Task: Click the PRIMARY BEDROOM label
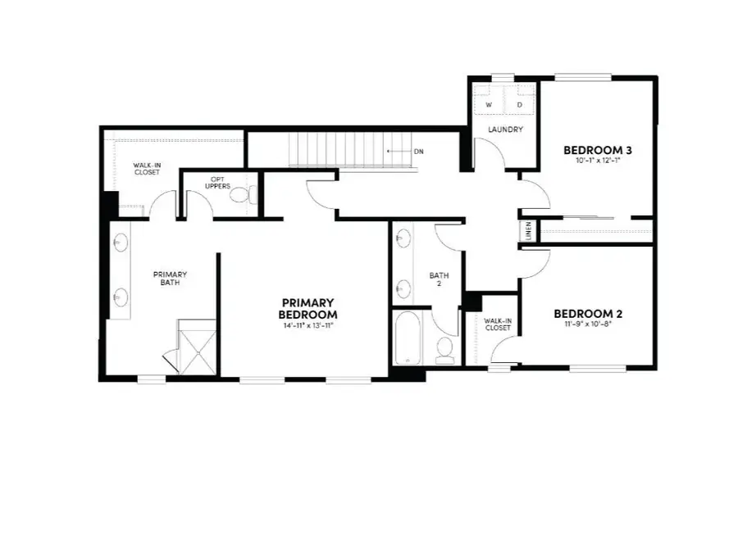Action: (307, 308)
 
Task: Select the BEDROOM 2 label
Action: (588, 313)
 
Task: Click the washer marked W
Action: (489, 106)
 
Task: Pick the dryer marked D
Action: (520, 106)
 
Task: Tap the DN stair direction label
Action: (418, 152)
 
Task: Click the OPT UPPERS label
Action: (217, 183)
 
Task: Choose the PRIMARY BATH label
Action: (170, 279)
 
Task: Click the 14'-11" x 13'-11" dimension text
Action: (307, 326)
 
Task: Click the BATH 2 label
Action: (435, 279)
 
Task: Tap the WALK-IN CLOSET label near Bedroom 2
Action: (497, 324)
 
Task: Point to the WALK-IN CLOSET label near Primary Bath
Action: (148, 169)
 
